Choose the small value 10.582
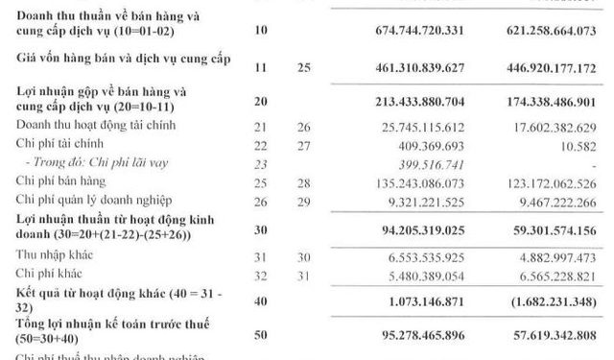click(576, 145)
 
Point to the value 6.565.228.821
click(551, 275)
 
